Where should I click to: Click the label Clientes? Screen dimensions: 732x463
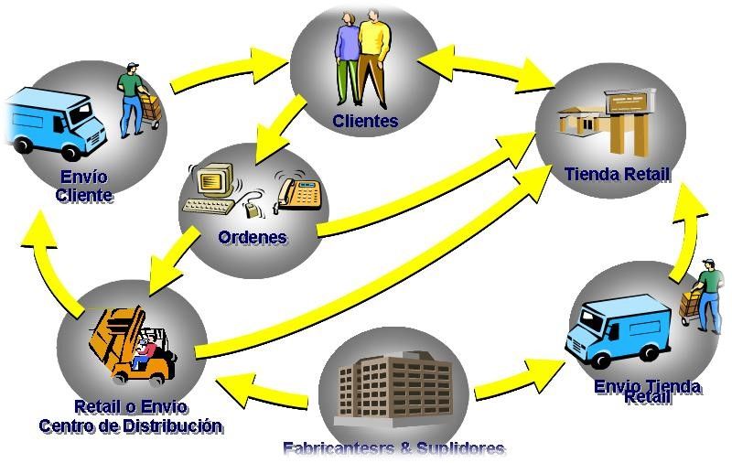[365, 121]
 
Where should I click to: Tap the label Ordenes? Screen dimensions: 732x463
[253, 237]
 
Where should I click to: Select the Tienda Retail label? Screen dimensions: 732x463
[617, 174]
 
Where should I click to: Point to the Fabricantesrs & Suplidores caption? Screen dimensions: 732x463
[394, 448]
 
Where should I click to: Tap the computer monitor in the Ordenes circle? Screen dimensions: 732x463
[215, 179]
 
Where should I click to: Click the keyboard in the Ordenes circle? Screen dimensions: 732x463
[209, 206]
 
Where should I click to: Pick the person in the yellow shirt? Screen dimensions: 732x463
[374, 59]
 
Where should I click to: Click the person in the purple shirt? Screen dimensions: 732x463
[348, 59]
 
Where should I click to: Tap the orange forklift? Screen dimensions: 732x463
[133, 344]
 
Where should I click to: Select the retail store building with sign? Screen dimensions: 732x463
[607, 122]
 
